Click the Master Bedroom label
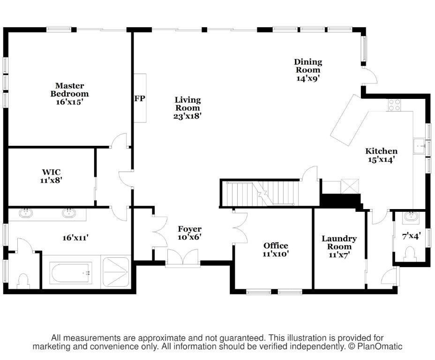pos(69,94)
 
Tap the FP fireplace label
pos(139,98)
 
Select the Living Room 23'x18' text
pos(187,108)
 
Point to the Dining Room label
pos(308,70)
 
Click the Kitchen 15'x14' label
pos(381,155)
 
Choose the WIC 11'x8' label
pos(51,176)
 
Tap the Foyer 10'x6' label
pos(189,233)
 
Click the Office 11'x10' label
pos(276,249)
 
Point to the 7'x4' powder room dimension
pos(412,236)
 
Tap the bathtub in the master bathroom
pos(71,272)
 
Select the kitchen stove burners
pos(394,105)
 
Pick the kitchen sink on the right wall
pos(419,146)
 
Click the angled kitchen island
pos(349,120)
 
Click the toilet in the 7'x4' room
pos(410,254)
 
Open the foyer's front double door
pos(182,258)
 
